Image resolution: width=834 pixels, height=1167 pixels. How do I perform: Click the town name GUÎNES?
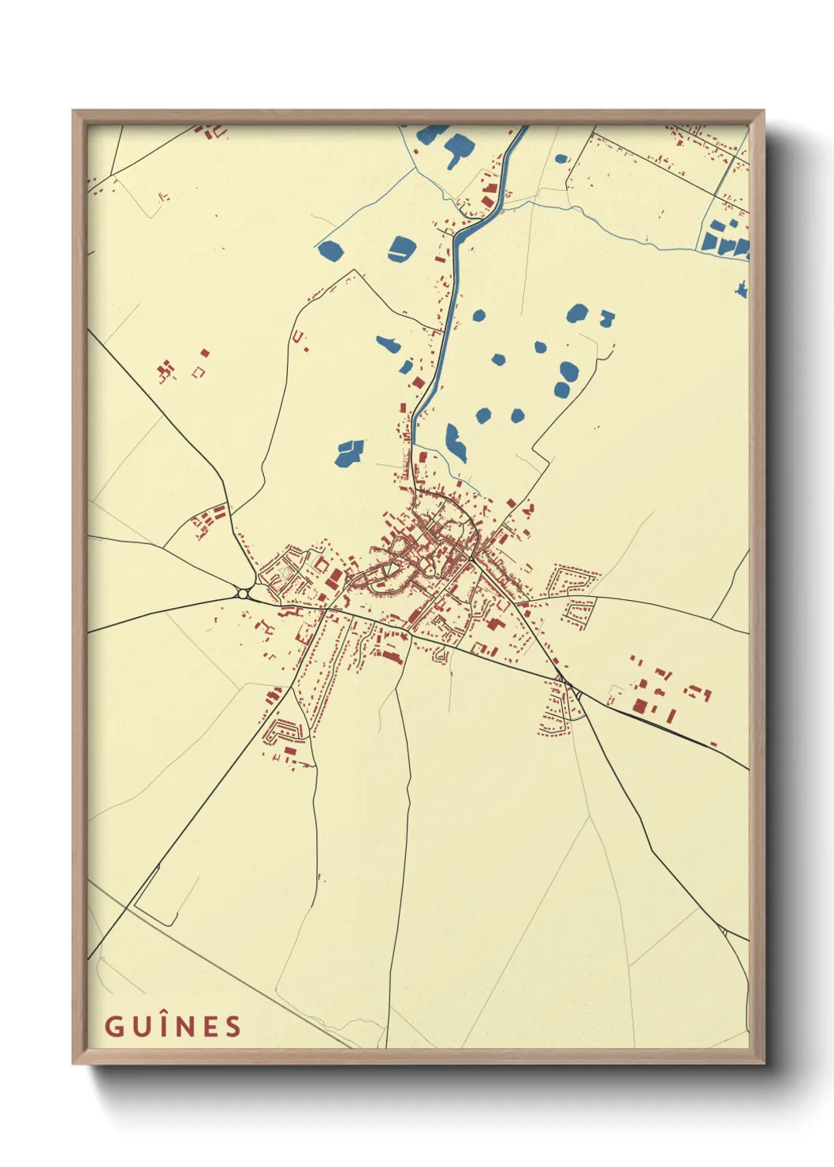[173, 1026]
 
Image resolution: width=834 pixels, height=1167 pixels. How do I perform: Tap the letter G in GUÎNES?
[114, 1027]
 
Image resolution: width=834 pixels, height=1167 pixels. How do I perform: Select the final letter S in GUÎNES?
[232, 1027]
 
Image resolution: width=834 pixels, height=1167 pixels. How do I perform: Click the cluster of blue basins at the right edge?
[725, 239]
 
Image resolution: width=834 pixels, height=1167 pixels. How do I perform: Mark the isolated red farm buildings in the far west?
[166, 370]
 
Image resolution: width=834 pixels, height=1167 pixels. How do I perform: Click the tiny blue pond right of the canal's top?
[560, 158]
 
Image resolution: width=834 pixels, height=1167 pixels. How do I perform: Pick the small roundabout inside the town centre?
[471, 559]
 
